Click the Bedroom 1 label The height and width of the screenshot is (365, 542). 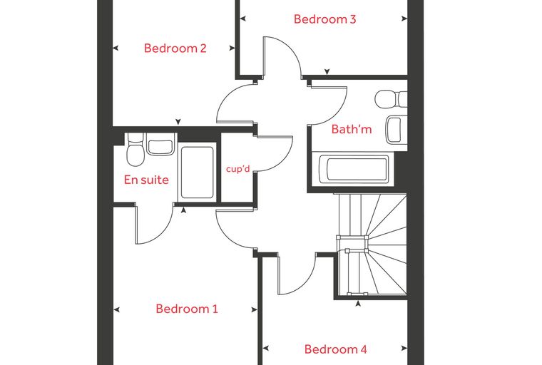(x=187, y=309)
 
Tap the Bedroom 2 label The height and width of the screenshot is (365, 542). (x=175, y=48)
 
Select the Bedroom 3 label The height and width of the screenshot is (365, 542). (x=324, y=19)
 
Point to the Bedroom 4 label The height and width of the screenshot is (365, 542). (x=335, y=349)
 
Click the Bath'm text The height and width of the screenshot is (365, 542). (x=351, y=129)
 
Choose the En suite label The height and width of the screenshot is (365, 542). (x=146, y=180)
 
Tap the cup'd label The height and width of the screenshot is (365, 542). (x=237, y=169)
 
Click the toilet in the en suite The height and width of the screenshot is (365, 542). (x=135, y=150)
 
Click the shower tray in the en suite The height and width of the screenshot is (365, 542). (x=197, y=173)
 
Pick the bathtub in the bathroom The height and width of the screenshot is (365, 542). (x=353, y=169)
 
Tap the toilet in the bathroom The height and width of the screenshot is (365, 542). (x=391, y=99)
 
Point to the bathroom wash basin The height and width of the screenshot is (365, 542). (x=397, y=130)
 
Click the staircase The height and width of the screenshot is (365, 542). (x=372, y=245)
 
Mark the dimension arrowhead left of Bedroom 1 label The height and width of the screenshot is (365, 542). (x=116, y=309)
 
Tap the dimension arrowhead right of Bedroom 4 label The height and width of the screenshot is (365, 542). (x=404, y=349)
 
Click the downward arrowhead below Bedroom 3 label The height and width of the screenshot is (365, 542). (x=327, y=71)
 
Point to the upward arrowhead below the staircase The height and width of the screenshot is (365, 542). (x=359, y=304)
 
